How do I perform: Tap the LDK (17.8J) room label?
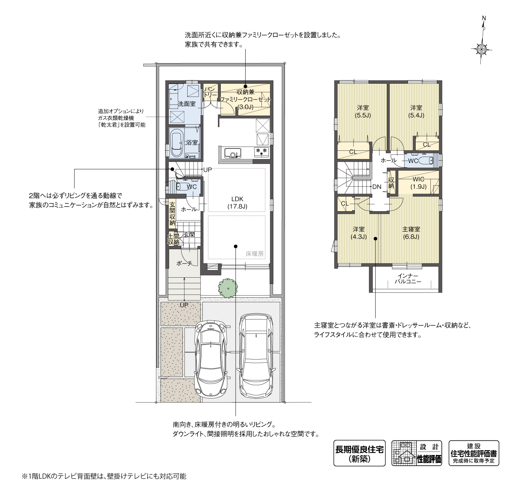pos(237,203)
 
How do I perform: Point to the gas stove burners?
pos(261,151)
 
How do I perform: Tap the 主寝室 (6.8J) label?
pos(411,233)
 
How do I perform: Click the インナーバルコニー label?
pos(408,279)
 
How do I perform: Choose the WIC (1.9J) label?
pos(419,183)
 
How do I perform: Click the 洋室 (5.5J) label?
pos(363,111)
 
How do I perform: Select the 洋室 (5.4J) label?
pos(416,111)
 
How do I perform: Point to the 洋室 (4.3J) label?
pos(358,233)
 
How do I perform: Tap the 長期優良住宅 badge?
pos(359,453)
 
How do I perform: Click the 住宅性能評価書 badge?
pos(474,453)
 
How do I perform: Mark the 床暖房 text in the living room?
pos(254,253)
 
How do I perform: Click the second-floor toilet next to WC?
pos(426,161)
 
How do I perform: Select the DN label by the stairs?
pos(377,187)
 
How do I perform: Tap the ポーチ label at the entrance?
pos(184,263)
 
